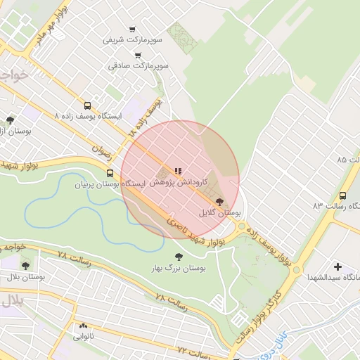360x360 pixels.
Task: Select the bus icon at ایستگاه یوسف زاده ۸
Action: [87, 105]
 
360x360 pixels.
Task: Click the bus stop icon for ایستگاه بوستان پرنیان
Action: [109, 173]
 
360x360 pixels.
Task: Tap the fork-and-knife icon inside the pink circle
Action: [177, 170]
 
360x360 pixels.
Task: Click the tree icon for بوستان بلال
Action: [25, 266]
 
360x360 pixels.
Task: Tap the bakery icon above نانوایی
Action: [83, 326]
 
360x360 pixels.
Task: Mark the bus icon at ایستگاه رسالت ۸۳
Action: [342, 195]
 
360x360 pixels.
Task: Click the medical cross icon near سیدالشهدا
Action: [338, 266]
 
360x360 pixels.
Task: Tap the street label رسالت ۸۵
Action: [349, 160]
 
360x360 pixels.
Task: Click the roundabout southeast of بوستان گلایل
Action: [243, 226]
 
